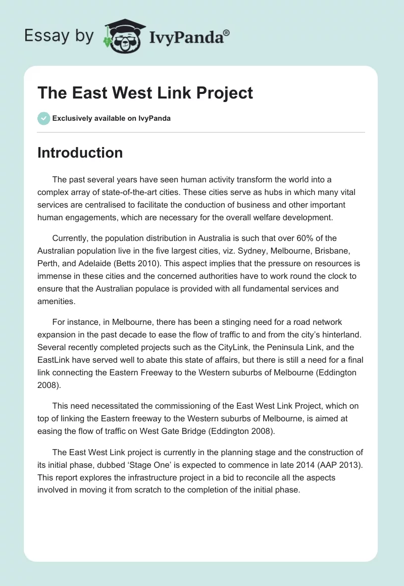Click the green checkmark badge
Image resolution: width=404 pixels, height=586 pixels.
(x=43, y=119)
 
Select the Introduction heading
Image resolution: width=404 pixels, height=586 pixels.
(x=80, y=153)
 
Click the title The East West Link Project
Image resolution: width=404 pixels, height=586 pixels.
(x=145, y=93)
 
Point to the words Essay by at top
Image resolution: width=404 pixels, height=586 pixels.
(x=59, y=36)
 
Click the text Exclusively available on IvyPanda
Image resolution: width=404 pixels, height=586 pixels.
(x=112, y=119)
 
